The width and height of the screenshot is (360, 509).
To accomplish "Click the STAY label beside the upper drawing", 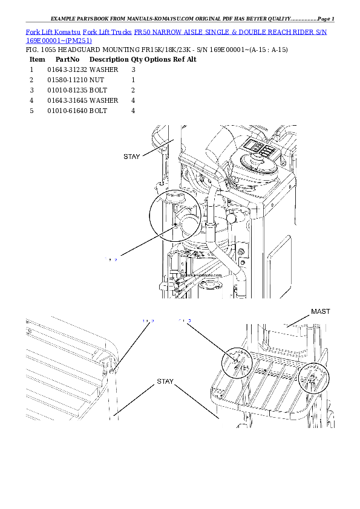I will [131, 157].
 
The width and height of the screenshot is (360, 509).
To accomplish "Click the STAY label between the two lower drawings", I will [165, 381].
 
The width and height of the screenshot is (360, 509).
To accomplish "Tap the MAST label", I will [321, 311].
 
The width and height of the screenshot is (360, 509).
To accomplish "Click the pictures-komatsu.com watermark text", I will [200, 274].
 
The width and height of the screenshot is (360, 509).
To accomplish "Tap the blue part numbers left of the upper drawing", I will [112, 259].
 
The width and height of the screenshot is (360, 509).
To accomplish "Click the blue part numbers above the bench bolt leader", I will [148, 320].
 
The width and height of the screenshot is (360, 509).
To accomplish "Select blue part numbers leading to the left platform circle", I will [186, 320].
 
